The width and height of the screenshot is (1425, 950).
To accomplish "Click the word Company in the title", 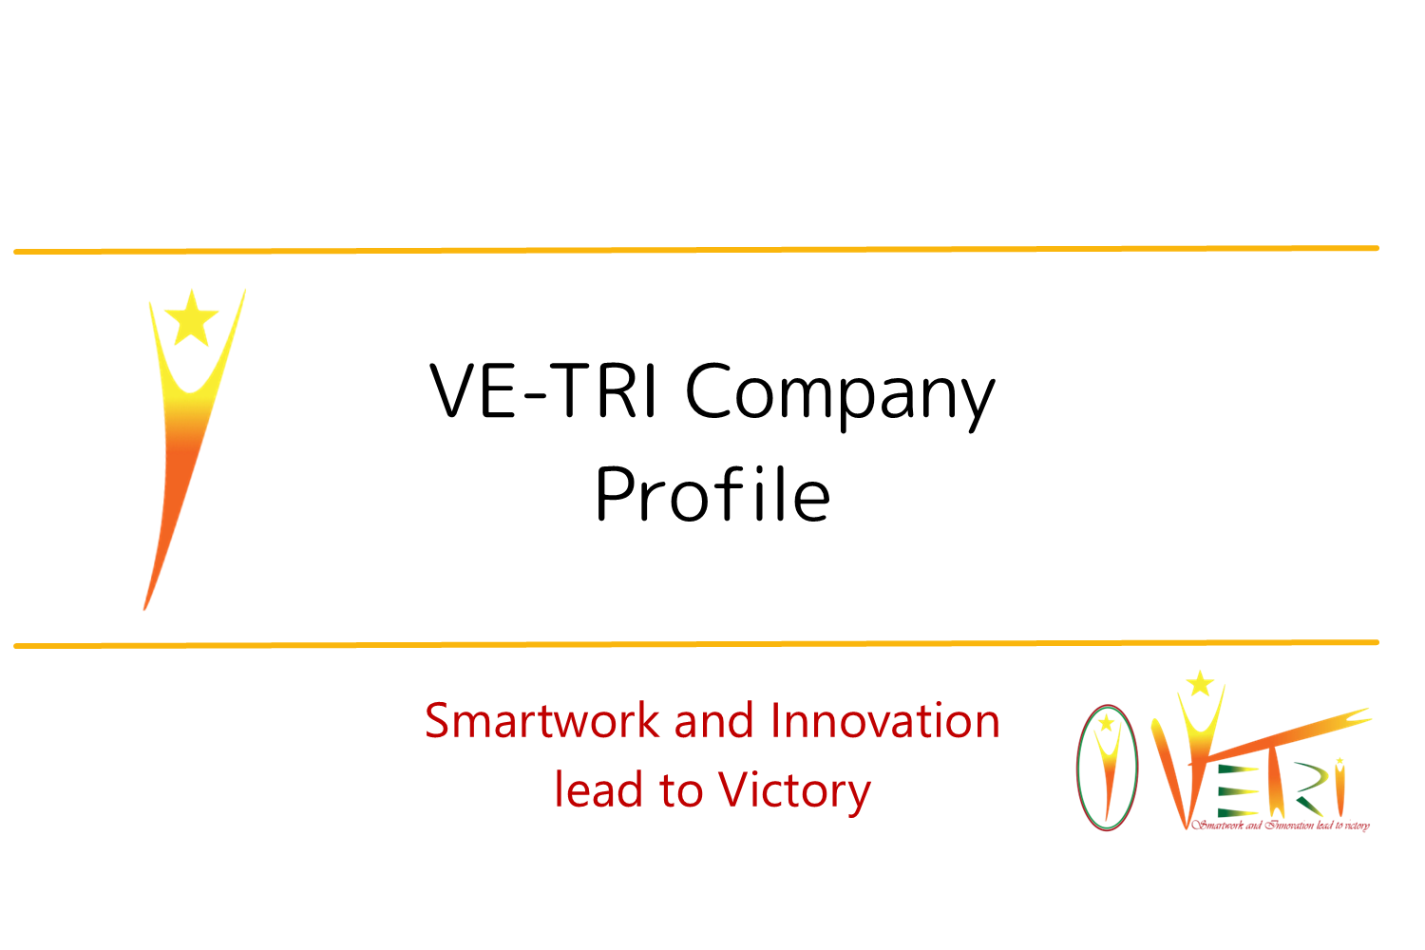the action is click(x=840, y=394).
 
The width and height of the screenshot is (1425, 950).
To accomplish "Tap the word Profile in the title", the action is click(x=712, y=494).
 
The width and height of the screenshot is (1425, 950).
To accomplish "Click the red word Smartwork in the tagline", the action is click(x=542, y=721).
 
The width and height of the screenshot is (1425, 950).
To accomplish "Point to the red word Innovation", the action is click(x=884, y=721).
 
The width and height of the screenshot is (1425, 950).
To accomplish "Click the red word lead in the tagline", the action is click(x=597, y=789).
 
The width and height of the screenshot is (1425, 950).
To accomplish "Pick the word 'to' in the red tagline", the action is click(x=680, y=791).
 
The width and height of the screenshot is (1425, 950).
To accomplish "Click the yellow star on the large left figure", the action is click(x=192, y=319).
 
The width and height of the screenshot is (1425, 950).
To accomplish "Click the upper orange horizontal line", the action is click(x=696, y=250).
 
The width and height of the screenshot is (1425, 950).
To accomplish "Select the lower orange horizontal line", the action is click(x=696, y=644).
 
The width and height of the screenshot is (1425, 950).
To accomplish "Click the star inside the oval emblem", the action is click(x=1107, y=723).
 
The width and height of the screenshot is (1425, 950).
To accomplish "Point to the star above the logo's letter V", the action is click(x=1201, y=684).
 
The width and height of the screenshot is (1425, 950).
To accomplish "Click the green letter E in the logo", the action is click(x=1237, y=792).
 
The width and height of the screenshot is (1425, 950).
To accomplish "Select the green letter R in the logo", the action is click(x=1309, y=789).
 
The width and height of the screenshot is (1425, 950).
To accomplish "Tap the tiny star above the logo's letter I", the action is click(x=1339, y=760).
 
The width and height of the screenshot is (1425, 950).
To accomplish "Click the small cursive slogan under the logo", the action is click(x=1281, y=826).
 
